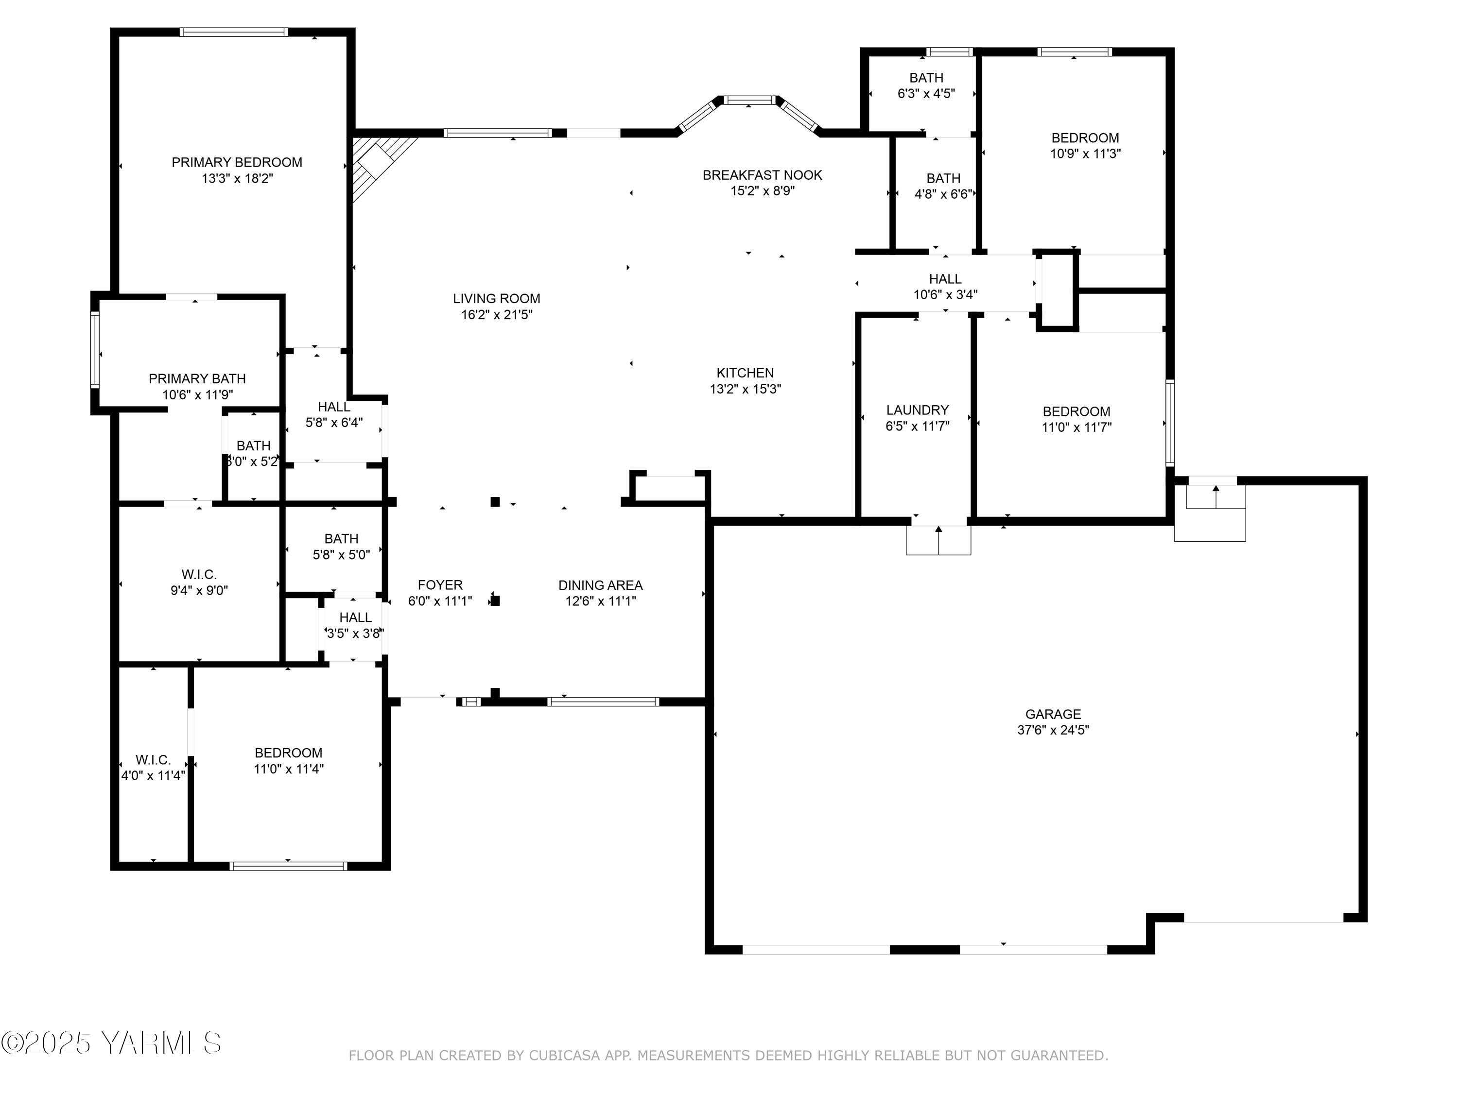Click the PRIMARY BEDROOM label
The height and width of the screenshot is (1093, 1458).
click(237, 162)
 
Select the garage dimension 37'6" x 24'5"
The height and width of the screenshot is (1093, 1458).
click(1053, 730)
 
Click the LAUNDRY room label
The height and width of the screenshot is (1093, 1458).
click(917, 410)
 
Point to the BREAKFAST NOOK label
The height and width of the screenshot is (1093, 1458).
click(762, 175)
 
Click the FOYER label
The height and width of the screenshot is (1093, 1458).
click(440, 585)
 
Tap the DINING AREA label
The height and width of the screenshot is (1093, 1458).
click(600, 585)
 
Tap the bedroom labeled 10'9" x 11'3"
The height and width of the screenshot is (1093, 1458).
click(1084, 146)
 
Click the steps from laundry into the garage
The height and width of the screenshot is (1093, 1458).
click(938, 540)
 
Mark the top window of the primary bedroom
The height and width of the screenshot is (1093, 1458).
click(233, 32)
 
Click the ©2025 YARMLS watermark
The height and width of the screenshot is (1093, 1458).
click(111, 1043)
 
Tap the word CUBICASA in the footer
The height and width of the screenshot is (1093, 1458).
click(564, 1056)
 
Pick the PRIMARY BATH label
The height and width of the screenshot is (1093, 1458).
click(197, 379)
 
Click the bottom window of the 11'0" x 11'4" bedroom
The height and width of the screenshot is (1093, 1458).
click(288, 866)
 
